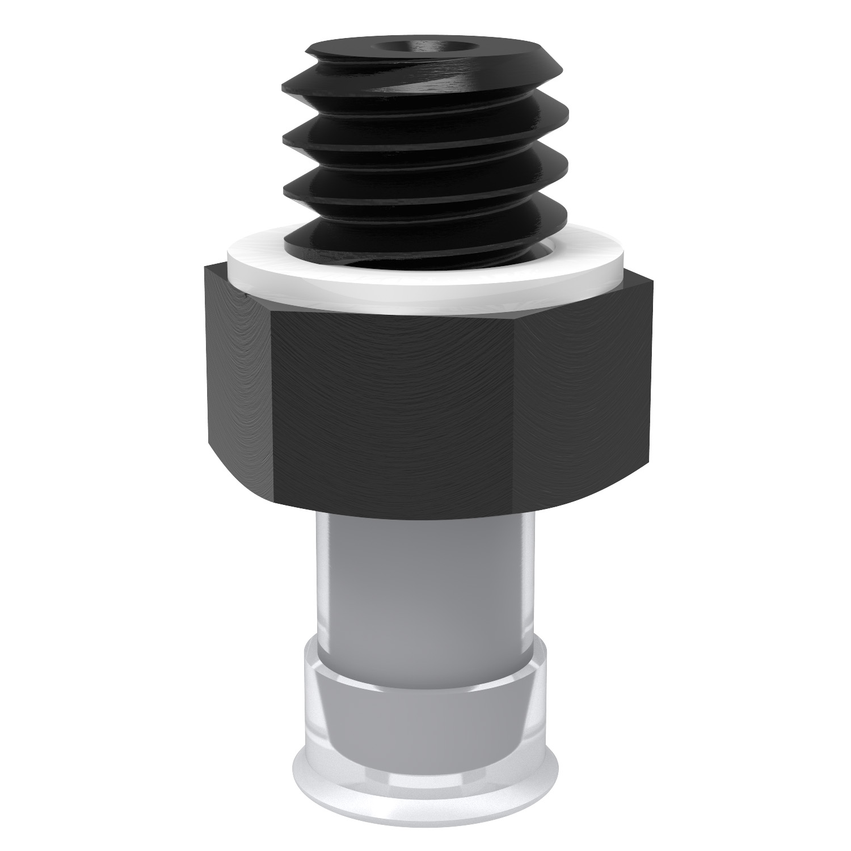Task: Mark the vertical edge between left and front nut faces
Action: coord(271,397)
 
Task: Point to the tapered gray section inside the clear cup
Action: coord(425,709)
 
